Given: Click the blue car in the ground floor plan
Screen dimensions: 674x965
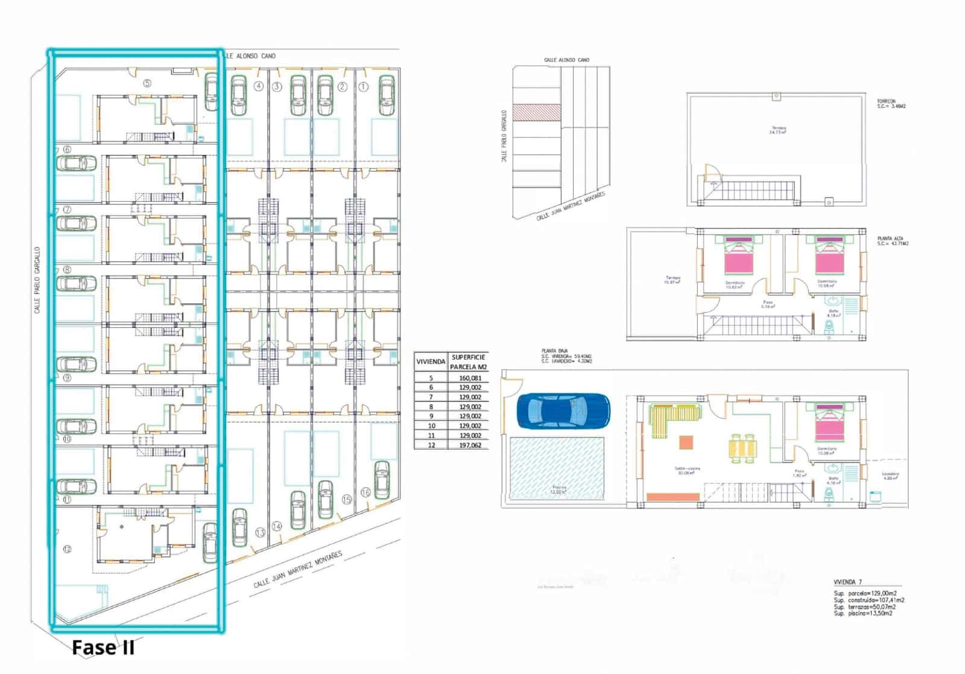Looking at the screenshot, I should click(563, 411).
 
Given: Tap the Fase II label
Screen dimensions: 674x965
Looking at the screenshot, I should click(103, 648).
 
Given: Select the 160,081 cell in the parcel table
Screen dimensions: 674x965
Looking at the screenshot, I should click(470, 378).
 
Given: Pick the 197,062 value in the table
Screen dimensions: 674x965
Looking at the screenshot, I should click(470, 445).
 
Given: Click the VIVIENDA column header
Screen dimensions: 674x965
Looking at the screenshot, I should click(431, 362).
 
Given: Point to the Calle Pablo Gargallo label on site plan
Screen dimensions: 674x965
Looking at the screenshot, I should click(37, 280).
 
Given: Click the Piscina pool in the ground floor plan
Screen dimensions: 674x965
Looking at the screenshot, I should click(557, 467).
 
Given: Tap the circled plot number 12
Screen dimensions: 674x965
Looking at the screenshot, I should click(67, 549).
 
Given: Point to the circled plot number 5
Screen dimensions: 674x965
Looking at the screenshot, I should click(147, 83).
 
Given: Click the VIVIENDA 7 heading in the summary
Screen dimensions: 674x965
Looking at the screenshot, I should click(847, 582).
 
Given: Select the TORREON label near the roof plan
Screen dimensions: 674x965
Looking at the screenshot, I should click(886, 101).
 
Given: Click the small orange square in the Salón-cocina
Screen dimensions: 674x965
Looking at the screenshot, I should click(686, 443).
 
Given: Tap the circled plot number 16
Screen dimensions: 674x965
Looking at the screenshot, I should click(365, 493).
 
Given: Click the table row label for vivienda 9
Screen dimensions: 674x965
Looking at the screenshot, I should click(431, 416).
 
